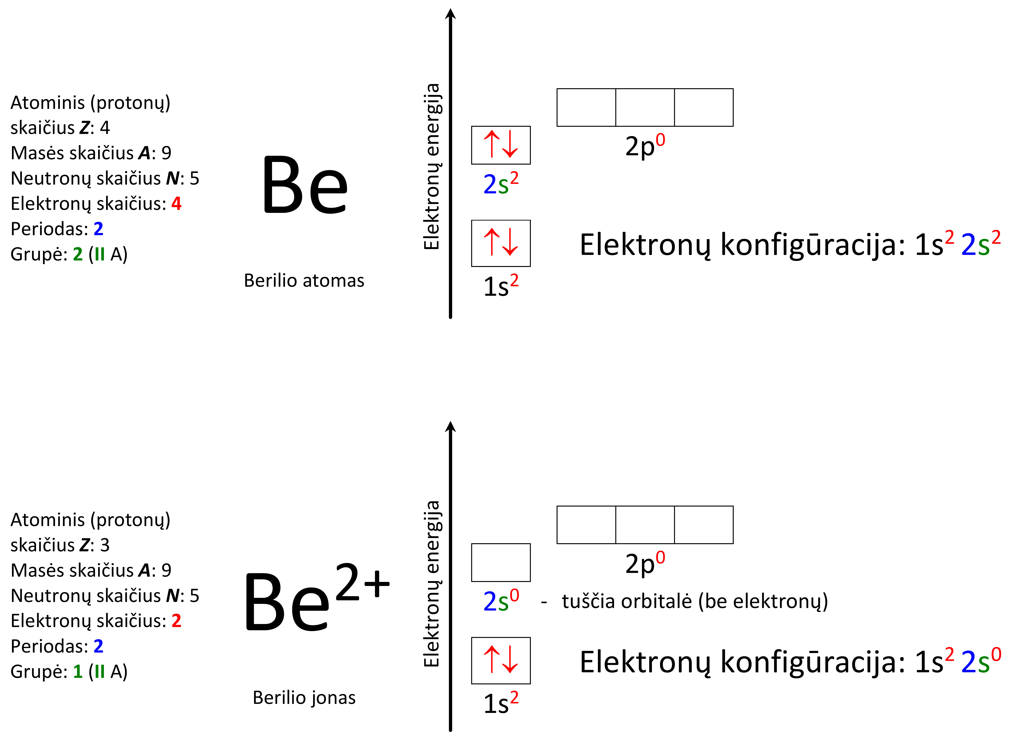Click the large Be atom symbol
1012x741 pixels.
305,185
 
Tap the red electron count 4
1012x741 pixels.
176,204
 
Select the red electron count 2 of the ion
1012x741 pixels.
176,621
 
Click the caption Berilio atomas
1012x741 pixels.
304,281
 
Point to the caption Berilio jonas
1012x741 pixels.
304,698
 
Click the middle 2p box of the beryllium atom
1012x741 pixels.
645,108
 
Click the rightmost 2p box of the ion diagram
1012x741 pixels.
704,525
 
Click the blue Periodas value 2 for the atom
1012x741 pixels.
98,229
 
